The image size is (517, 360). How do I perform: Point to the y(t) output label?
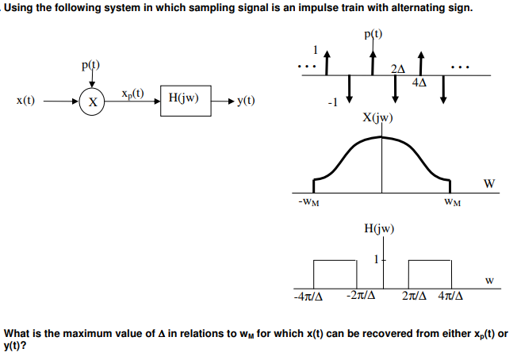pos(245,101)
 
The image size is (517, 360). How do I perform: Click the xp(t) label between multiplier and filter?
pos(132,94)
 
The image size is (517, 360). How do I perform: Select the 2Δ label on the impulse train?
pos(399,69)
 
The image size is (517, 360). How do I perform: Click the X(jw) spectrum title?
pos(376,119)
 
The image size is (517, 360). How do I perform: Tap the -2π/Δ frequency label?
pos(360,297)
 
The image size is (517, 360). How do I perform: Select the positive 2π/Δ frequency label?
pos(417,297)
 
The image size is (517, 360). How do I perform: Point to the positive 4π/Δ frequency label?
pos(450,297)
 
